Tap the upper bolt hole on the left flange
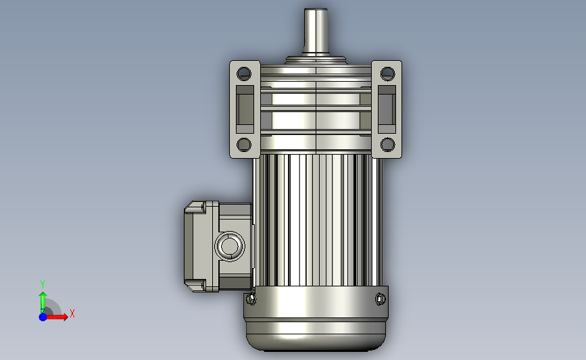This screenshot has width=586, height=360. coord(244,74)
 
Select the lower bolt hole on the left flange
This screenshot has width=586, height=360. coord(244,145)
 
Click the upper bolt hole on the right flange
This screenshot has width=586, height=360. coord(387,74)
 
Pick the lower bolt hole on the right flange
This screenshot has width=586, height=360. coord(387,145)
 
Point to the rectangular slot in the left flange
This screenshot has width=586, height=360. coord(245,109)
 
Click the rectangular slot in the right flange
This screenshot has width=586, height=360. coord(387,109)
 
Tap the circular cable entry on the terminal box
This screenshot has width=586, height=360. coord(230,246)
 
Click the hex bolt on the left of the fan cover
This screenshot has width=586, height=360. coord(251,299)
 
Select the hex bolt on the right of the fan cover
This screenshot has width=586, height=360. coord(380,299)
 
